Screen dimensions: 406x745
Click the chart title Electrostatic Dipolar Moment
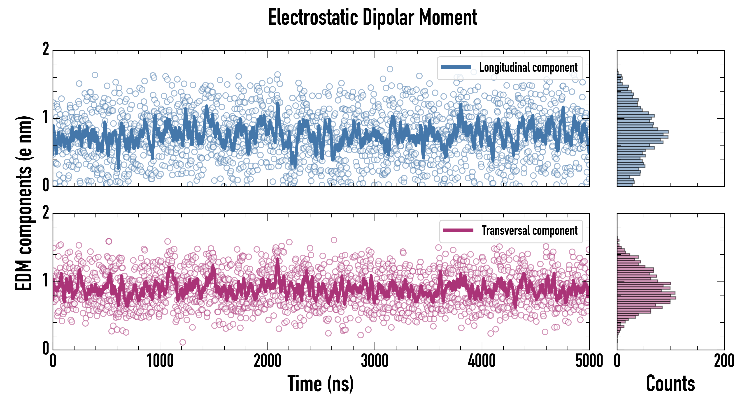tap(372, 18)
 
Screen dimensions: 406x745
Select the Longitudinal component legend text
tap(528, 68)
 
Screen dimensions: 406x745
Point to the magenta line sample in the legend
tap(458, 230)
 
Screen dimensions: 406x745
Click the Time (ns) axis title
tap(320, 384)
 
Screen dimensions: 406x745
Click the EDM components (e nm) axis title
tap(24, 203)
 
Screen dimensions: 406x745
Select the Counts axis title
tap(670, 384)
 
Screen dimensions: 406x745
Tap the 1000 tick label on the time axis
tap(160, 361)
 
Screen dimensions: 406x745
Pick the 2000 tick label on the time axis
tap(267, 361)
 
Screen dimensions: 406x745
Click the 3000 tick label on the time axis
tap(375, 361)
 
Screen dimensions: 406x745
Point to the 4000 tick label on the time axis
tap(482, 361)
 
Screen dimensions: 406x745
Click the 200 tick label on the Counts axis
tap(724, 361)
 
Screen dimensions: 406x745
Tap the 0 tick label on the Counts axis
tap(617, 361)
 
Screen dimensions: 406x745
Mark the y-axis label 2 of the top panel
tap(46, 49)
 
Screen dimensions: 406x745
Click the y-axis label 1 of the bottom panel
tap(46, 280)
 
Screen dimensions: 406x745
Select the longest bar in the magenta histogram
tap(647, 298)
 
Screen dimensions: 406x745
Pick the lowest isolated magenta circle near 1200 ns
tap(182, 342)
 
